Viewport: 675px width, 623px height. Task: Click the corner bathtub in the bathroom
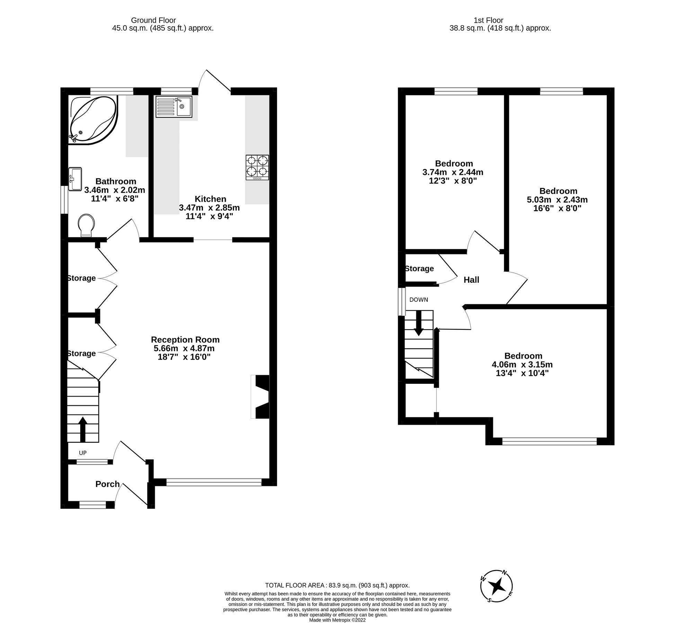coord(93,119)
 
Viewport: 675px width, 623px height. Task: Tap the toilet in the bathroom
coord(86,225)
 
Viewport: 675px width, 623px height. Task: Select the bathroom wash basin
coord(75,179)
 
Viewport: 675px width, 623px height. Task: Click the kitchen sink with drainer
coord(174,107)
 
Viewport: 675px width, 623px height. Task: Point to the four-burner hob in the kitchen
coord(257,167)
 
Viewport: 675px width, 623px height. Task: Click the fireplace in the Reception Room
coord(260,397)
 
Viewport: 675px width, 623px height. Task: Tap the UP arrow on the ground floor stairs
coord(82,429)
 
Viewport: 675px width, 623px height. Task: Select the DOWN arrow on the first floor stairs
coord(419,323)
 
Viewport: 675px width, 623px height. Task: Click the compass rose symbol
coord(497,586)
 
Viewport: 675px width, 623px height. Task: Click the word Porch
coord(107,484)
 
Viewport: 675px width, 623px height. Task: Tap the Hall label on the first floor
coord(471,280)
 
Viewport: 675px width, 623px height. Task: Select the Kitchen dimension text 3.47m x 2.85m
coord(209,208)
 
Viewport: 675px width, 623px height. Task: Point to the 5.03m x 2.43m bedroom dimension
coord(557,200)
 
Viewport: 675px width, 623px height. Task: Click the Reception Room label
coord(185,340)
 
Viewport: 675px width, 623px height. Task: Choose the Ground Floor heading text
coord(153,20)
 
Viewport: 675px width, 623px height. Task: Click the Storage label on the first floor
coord(419,269)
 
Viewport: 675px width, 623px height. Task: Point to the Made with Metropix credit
coord(337,620)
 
